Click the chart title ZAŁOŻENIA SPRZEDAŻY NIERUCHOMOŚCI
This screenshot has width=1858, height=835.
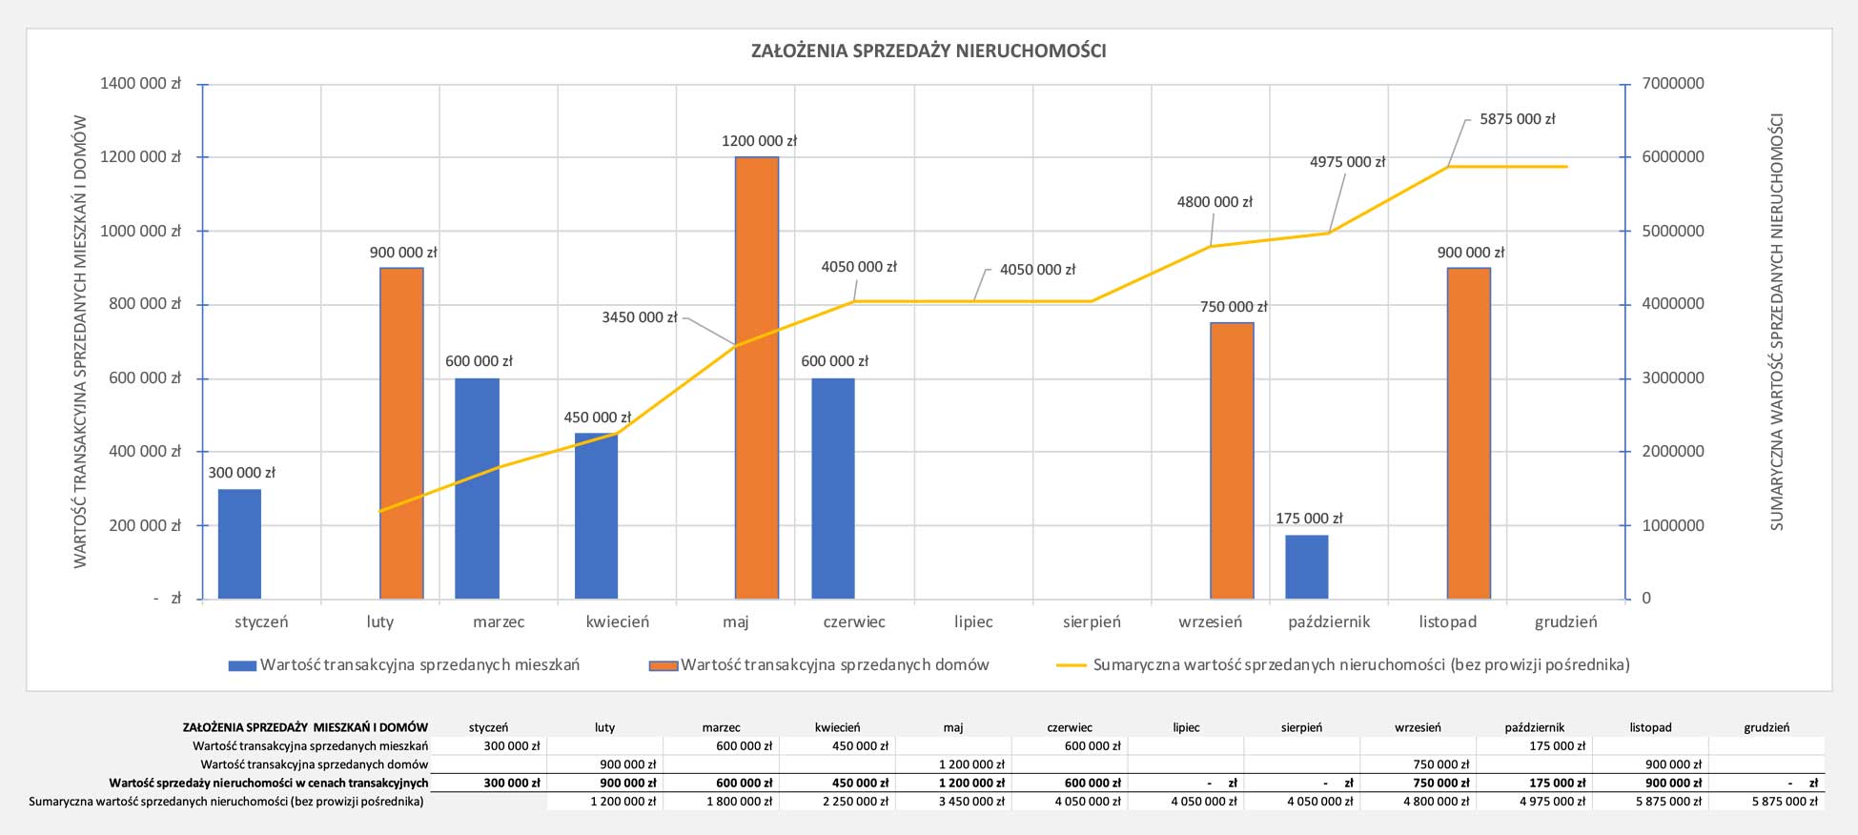[x=929, y=51]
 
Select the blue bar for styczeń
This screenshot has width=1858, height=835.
[x=239, y=543]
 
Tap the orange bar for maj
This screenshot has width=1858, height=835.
[x=757, y=377]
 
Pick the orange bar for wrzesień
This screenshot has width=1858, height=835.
[x=1232, y=460]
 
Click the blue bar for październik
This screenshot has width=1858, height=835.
[x=1306, y=567]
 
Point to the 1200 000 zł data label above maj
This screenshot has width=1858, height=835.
[x=759, y=141]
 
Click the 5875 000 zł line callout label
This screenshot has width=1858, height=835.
[x=1517, y=119]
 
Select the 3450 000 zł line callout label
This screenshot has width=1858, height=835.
[x=639, y=317]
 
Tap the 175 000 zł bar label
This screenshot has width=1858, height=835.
[x=1309, y=519]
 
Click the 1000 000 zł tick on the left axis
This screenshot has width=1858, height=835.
[x=140, y=231]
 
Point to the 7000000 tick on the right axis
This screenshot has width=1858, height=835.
[x=1673, y=84]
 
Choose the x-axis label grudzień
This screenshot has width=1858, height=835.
[x=1565, y=622]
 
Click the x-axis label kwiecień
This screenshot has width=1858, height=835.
[x=617, y=622]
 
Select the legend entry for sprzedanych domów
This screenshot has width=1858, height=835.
[x=834, y=665]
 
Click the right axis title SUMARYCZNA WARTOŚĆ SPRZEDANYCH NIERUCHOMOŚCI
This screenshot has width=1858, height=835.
[x=1777, y=322]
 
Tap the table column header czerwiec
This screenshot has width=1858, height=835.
[x=1070, y=727]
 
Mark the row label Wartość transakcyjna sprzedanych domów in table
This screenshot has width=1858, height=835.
[x=315, y=764]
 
